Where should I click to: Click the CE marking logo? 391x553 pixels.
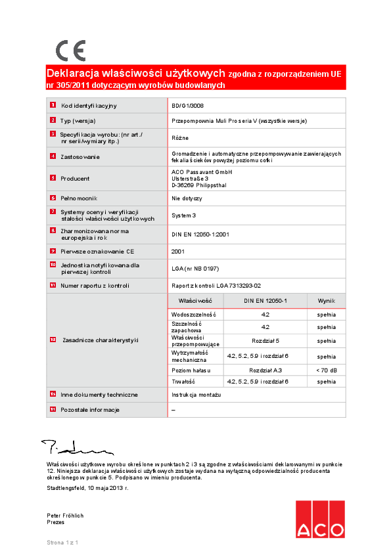(70, 51)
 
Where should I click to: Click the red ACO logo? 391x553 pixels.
(319, 520)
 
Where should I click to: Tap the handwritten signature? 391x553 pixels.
(76, 449)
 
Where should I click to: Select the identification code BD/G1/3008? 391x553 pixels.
(188, 105)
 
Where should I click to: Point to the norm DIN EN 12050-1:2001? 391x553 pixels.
(200, 234)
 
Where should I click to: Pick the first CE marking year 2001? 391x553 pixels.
(178, 251)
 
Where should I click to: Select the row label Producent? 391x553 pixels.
(75, 178)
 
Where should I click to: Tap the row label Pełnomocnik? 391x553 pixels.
(79, 198)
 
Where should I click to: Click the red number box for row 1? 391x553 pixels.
(53, 105)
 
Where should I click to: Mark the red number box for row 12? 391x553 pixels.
(53, 340)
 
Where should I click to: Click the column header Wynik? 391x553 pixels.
(326, 300)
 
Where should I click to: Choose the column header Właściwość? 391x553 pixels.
(195, 300)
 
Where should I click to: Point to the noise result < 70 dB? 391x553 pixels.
(326, 370)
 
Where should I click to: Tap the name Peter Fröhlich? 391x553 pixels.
(65, 516)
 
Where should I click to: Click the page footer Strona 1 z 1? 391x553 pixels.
(62, 542)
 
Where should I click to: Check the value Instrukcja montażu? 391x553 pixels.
(196, 395)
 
